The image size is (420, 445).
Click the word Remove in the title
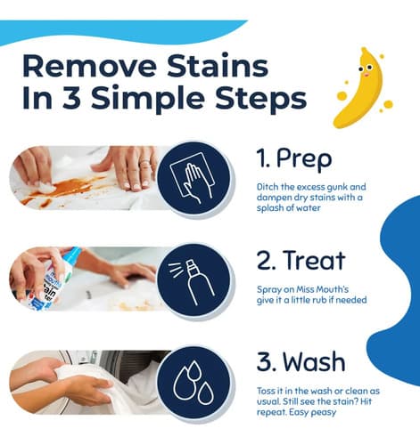pyautogui.click(x=89, y=66)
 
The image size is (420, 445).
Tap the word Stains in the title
pyautogui.click(x=218, y=66)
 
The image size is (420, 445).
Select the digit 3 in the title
pyautogui.click(x=71, y=98)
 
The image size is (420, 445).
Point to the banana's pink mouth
pyautogui.click(x=367, y=75)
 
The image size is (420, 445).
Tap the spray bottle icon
pyautogui.click(x=194, y=281)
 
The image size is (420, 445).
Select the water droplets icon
pyautogui.click(x=194, y=382)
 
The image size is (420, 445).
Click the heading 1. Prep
pyautogui.click(x=294, y=159)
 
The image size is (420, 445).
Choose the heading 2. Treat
pyautogui.click(x=301, y=260)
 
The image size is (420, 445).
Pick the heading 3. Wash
pyautogui.click(x=301, y=361)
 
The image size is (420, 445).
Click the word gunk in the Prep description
pyautogui.click(x=337, y=188)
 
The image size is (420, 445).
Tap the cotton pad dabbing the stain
pyautogui.click(x=45, y=186)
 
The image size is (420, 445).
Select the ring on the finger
pyautogui.click(x=145, y=163)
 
